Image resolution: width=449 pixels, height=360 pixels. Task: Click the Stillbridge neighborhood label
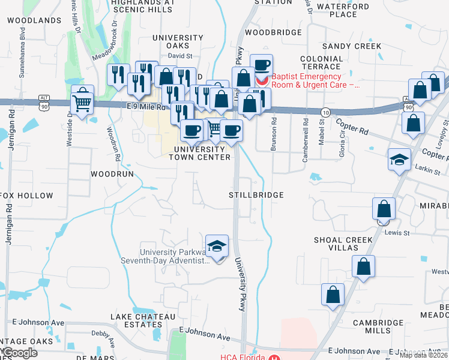point(256,195)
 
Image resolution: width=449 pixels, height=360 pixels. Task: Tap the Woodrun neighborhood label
point(111,173)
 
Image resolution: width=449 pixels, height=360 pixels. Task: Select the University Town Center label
point(200,153)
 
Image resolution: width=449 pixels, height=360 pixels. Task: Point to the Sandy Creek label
point(351,46)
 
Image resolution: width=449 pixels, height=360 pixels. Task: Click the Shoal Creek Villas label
point(343,244)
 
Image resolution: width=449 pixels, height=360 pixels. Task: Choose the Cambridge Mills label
point(379,326)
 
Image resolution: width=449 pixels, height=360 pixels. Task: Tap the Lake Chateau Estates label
point(135,320)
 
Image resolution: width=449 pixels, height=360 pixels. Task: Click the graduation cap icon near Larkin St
point(399,160)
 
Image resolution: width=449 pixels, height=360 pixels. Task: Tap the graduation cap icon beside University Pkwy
point(217,247)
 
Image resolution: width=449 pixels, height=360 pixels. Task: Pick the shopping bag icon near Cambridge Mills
point(333,295)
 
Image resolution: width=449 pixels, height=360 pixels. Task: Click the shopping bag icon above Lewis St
point(384,209)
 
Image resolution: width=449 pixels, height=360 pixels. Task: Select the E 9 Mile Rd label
point(146,107)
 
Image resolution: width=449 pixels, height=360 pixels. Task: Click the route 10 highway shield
point(325,112)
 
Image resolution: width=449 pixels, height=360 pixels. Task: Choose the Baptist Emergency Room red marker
point(262,80)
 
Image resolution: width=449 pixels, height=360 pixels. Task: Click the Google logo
point(20,353)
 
